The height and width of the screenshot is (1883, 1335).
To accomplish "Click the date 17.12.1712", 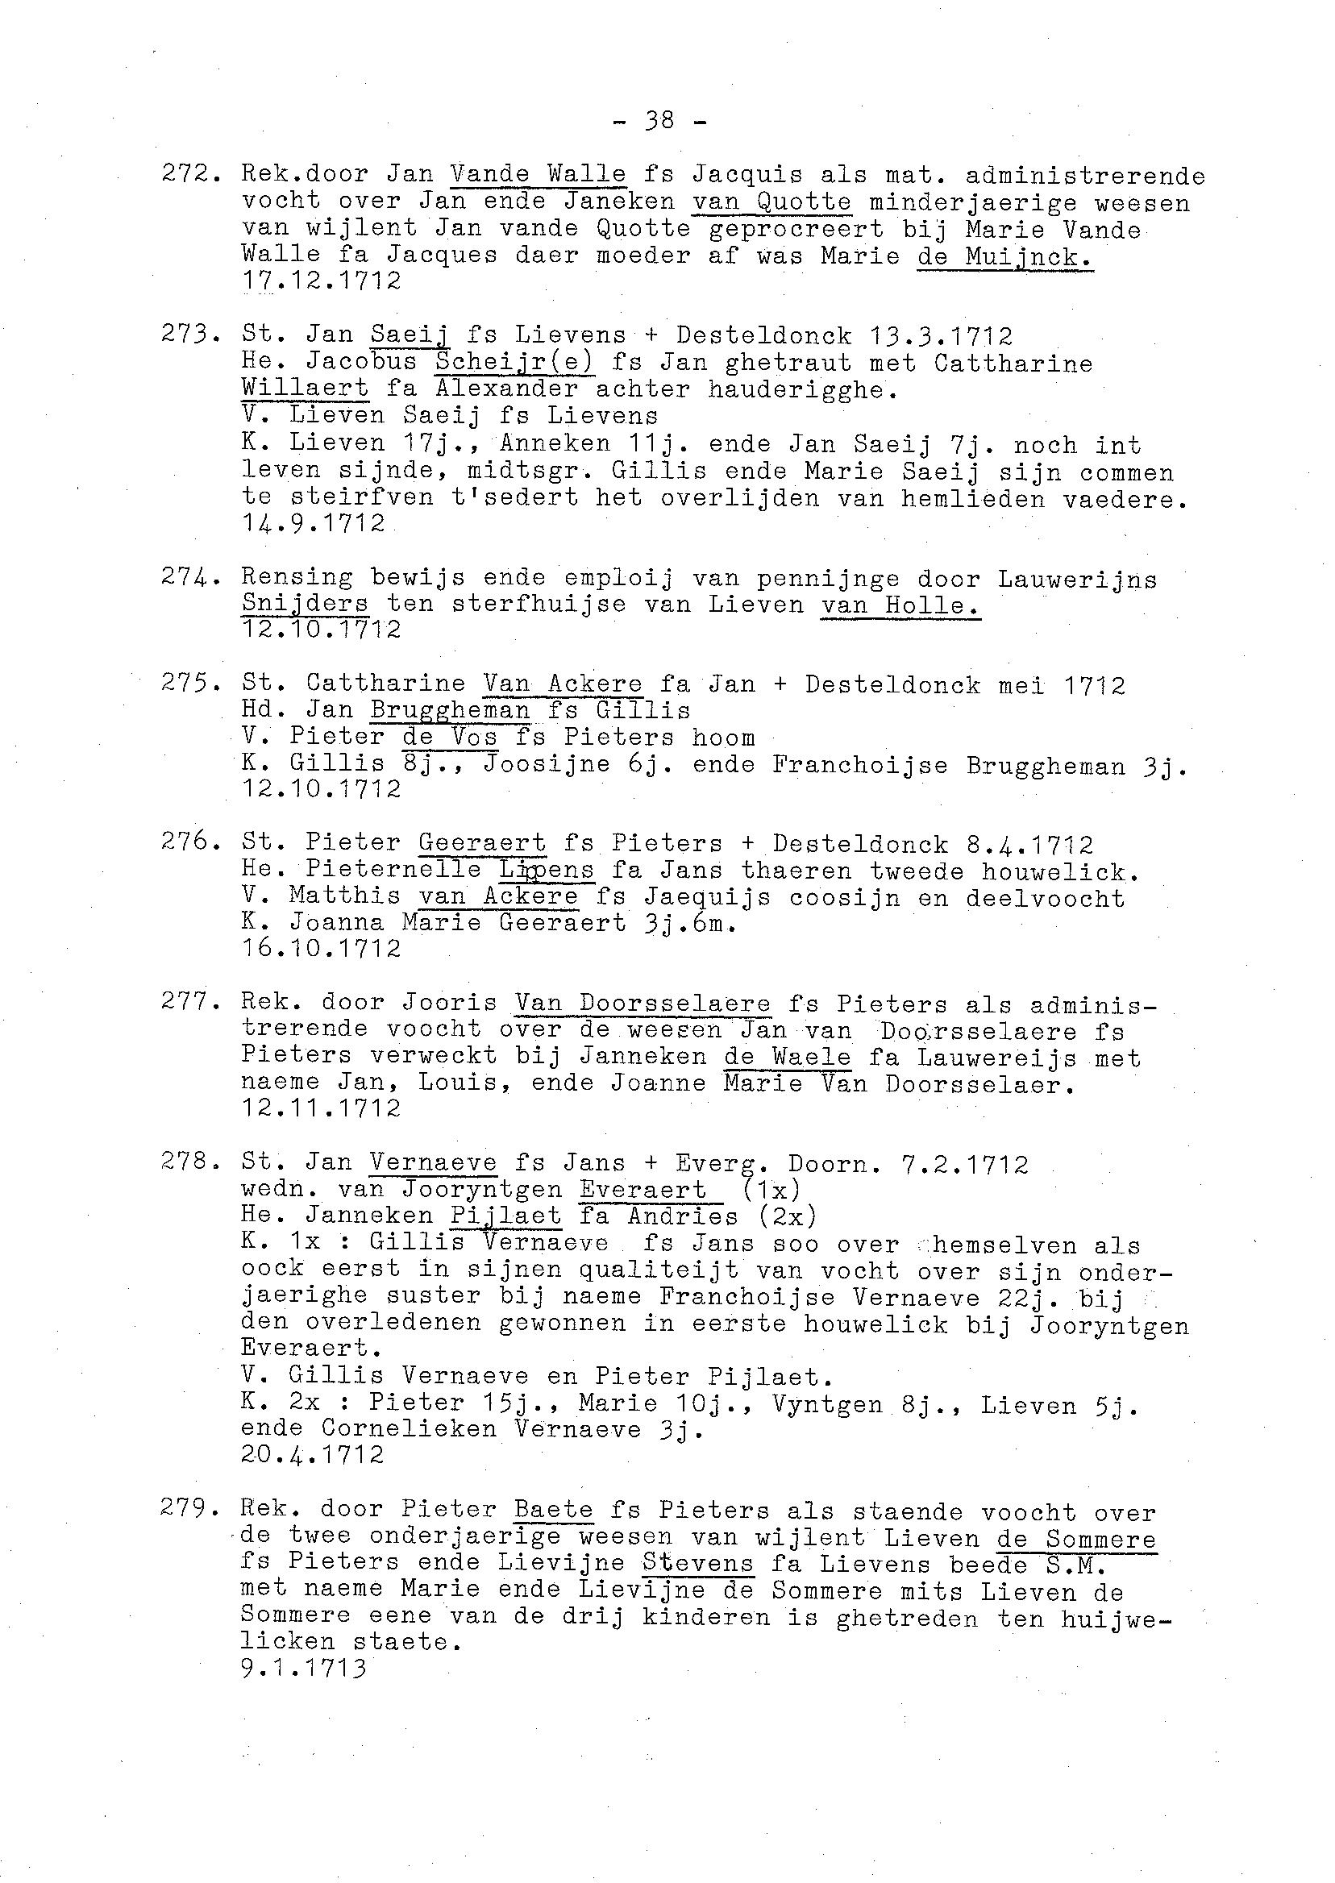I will coord(322,281).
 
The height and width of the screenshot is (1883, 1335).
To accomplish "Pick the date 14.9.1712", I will coord(314,524).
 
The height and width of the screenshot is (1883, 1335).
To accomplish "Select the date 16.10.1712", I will coord(322,949).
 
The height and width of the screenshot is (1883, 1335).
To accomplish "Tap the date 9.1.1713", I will coord(303,1669).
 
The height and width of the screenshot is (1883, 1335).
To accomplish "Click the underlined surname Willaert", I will coord(305,389).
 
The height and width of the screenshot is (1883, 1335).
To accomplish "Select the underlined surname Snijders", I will coord(305,604).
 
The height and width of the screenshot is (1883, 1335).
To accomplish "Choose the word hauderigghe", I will coord(802,389).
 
